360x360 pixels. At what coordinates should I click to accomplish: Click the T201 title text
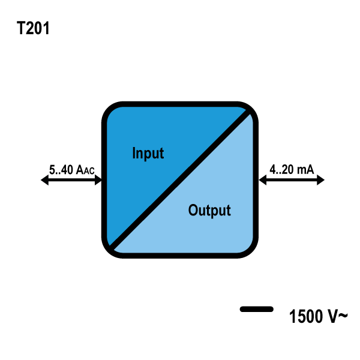click(x=33, y=28)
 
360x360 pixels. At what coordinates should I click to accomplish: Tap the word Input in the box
click(x=148, y=153)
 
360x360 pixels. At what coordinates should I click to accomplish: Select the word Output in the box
click(x=209, y=211)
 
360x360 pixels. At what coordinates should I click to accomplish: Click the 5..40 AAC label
click(x=71, y=170)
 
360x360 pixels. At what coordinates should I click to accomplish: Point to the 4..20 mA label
click(x=292, y=170)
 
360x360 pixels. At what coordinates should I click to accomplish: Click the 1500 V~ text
click(x=318, y=316)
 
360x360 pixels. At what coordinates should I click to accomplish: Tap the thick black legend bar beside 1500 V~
click(x=256, y=309)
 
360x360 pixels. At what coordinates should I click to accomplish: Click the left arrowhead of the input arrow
click(x=44, y=180)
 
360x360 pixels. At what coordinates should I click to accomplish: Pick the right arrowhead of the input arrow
click(x=98, y=180)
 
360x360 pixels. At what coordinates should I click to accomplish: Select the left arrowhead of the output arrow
click(x=263, y=180)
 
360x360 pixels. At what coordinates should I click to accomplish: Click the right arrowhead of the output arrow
click(x=320, y=180)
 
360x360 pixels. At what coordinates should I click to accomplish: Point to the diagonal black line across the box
click(x=180, y=180)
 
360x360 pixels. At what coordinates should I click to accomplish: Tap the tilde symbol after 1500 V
click(x=343, y=316)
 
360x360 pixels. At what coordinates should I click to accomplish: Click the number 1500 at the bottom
click(x=306, y=316)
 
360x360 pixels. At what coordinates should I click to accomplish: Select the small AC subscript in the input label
click(x=89, y=171)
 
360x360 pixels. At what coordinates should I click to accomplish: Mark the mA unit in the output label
click(x=305, y=170)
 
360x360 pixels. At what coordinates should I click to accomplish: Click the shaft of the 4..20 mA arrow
click(x=292, y=180)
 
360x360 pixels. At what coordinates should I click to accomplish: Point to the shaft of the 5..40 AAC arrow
click(x=71, y=180)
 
